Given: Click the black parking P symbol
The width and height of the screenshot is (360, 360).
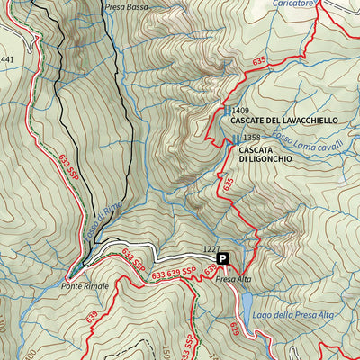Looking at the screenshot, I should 224,258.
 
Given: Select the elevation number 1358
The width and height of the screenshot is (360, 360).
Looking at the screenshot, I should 251,138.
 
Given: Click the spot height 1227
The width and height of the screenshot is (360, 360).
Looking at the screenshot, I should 211,248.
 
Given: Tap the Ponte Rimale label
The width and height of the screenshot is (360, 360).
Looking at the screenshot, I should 85,285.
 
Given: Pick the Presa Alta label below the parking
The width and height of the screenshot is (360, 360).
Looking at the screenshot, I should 234,280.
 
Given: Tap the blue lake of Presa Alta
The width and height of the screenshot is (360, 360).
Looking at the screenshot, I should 246,310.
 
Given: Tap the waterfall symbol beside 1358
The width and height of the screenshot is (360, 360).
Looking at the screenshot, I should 237,138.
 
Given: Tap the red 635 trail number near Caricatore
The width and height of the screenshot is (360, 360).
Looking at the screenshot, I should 261,61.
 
